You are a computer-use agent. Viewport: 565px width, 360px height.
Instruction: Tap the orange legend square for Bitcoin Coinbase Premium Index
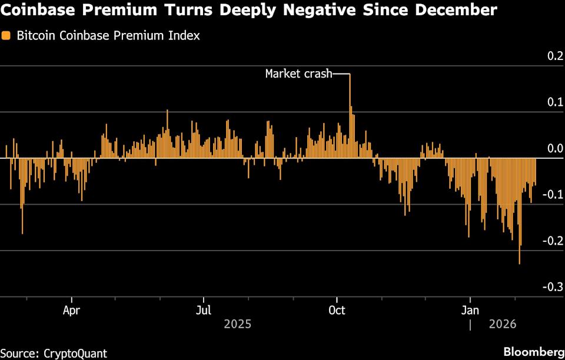[x=6, y=36]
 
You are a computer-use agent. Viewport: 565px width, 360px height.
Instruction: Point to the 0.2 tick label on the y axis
[x=556, y=56]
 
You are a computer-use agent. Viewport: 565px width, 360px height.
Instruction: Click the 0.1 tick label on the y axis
[x=556, y=102]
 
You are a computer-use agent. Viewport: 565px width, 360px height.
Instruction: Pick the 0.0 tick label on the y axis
[x=556, y=149]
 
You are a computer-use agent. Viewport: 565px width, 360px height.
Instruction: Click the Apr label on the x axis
[x=71, y=309]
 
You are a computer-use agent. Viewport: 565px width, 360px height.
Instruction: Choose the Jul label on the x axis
[x=204, y=309]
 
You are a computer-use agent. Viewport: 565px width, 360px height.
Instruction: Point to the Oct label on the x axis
[x=337, y=309]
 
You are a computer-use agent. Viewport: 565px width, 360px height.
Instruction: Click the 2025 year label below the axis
[x=237, y=324]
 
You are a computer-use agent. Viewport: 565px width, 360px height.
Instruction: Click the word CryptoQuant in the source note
[x=75, y=353]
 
